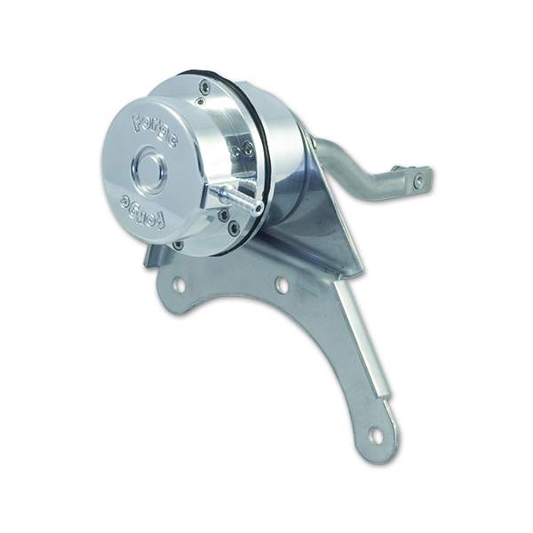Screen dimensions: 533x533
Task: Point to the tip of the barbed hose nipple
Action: [x=259, y=207]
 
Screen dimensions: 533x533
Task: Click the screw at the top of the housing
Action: [x=206, y=86]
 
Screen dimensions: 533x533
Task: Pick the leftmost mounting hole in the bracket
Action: [x=179, y=285]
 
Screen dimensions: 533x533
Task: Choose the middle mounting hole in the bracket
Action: [x=281, y=284]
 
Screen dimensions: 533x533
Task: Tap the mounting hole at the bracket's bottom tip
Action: [x=375, y=435]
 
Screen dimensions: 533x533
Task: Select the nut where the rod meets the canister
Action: [x=311, y=142]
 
